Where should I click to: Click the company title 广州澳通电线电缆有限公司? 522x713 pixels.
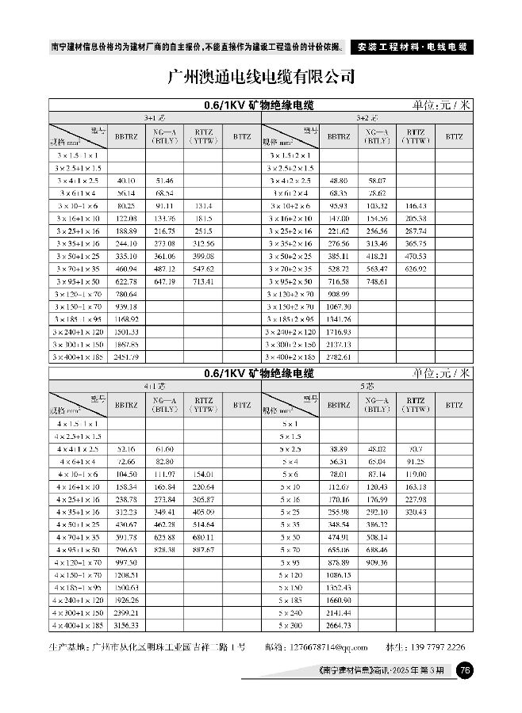coord(261,78)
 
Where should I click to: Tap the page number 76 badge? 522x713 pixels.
coord(466,671)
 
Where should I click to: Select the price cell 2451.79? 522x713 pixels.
coord(126,357)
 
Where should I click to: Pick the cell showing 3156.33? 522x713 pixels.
coord(126,626)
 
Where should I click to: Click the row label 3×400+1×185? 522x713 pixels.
coord(77,357)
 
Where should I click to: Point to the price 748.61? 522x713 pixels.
coord(376,280)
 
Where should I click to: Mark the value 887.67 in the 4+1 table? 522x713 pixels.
coord(204,549)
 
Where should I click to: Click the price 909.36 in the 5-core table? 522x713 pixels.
coord(376,562)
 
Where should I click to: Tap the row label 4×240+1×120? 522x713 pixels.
coord(77,601)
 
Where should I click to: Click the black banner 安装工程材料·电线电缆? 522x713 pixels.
coord(410,47)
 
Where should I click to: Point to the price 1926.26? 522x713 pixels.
coord(126,601)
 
